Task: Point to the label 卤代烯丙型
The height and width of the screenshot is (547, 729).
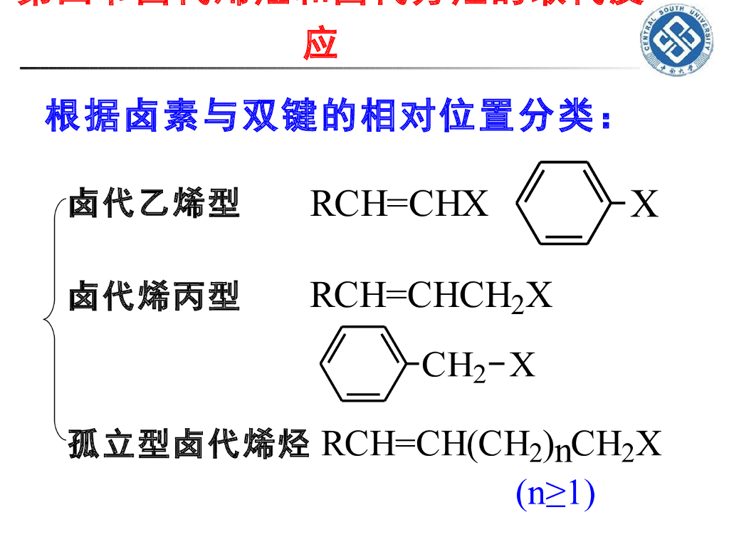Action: tap(154, 296)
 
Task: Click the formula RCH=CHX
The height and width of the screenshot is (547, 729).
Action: tap(399, 204)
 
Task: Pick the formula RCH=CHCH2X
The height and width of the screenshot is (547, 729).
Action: tap(431, 296)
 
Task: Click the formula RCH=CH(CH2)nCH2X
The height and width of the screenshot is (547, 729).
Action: tap(491, 444)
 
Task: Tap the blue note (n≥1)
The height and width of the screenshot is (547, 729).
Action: tap(555, 494)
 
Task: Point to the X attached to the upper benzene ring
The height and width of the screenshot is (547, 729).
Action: tap(645, 204)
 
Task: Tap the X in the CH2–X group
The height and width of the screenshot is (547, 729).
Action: tap(523, 366)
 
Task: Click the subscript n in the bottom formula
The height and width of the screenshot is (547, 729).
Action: tap(562, 452)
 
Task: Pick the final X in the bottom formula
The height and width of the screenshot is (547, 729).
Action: tap(649, 444)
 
